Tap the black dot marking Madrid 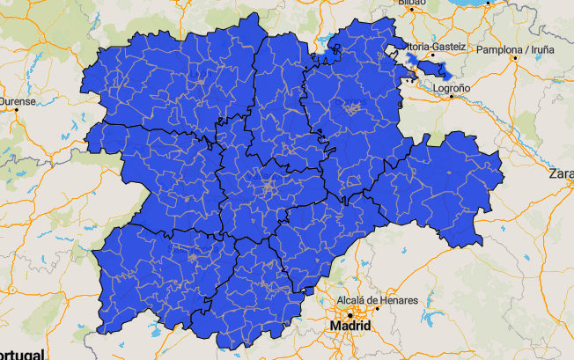click(350, 314)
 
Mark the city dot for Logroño click(452, 97)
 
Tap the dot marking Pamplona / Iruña click(513, 61)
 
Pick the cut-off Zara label click(561, 173)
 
